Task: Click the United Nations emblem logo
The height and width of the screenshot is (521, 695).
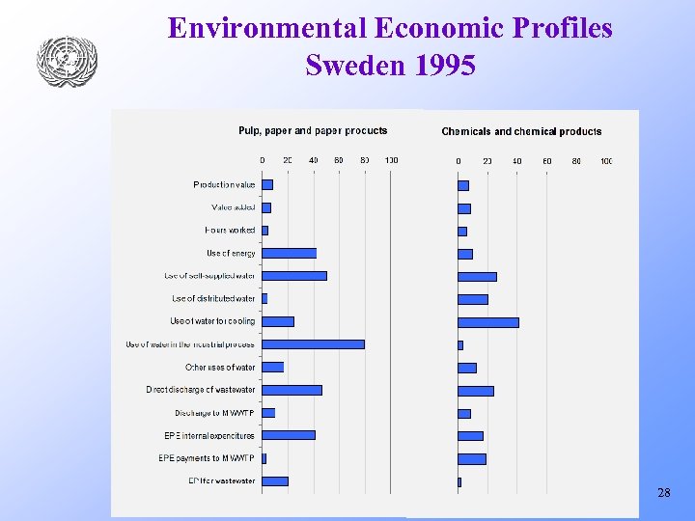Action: point(68,61)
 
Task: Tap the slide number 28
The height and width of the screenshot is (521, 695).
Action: point(663,493)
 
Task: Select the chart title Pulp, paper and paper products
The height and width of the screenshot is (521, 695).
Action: point(313,131)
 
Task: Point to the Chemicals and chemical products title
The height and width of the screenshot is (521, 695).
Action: point(521,132)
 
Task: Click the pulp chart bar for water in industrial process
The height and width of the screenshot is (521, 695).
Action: point(313,344)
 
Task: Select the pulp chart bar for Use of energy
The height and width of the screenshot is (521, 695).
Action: point(289,253)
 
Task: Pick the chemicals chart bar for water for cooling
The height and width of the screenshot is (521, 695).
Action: point(487,322)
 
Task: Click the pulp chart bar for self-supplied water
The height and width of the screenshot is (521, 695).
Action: point(294,276)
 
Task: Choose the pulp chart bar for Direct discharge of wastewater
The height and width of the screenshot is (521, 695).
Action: point(292,390)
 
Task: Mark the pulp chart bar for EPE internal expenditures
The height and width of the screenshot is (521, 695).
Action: point(289,435)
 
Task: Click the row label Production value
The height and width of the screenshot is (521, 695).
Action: point(224,184)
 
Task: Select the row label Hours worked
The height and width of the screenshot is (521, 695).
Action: point(230,231)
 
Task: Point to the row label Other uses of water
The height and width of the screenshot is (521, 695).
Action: point(220,368)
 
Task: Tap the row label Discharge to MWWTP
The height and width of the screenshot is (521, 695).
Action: point(214,413)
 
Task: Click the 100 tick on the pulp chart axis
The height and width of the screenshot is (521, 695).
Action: point(391,160)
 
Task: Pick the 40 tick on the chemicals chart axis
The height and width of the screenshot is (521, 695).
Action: point(517,161)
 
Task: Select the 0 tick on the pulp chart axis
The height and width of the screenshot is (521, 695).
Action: point(263,160)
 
